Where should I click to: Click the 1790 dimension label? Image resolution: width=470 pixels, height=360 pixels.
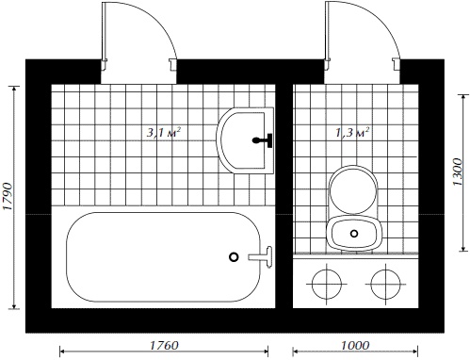(8, 196)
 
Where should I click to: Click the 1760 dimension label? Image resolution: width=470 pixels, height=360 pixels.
(164, 346)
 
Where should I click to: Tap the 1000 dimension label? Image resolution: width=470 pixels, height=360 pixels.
(355, 346)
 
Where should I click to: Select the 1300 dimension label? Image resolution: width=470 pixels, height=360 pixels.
(458, 172)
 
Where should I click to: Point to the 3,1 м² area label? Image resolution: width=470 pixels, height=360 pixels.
(164, 132)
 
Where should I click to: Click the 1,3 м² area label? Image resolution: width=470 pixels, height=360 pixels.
(352, 132)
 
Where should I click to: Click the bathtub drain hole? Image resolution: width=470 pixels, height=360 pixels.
(234, 257)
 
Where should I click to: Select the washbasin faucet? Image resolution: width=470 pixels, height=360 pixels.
(263, 140)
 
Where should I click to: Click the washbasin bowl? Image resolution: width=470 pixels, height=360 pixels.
(245, 140)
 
